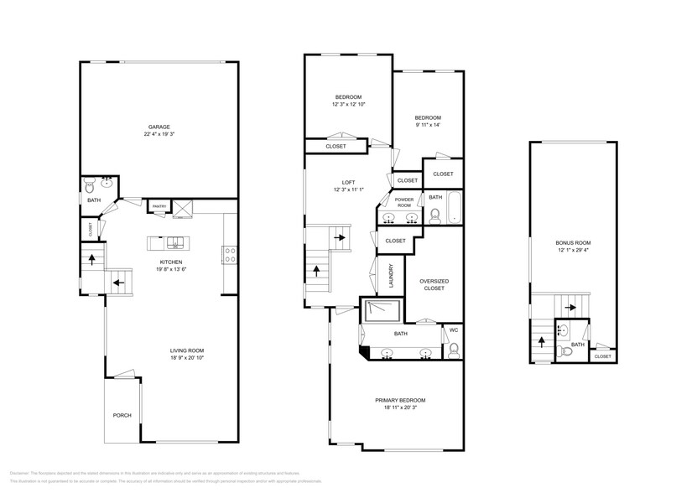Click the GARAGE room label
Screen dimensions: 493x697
click(159, 127)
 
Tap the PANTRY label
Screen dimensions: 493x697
click(159, 206)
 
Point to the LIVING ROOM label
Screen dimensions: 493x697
click(186, 350)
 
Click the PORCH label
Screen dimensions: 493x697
click(122, 415)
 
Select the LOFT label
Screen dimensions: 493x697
click(349, 182)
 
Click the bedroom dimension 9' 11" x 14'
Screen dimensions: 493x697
click(428, 125)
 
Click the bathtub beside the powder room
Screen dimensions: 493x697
click(453, 210)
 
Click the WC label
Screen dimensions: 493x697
click(453, 330)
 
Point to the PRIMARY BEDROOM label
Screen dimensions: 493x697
click(400, 400)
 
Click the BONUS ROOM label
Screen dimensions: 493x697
click(573, 243)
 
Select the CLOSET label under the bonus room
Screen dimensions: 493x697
click(602, 356)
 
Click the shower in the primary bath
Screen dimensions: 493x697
click(382, 311)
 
